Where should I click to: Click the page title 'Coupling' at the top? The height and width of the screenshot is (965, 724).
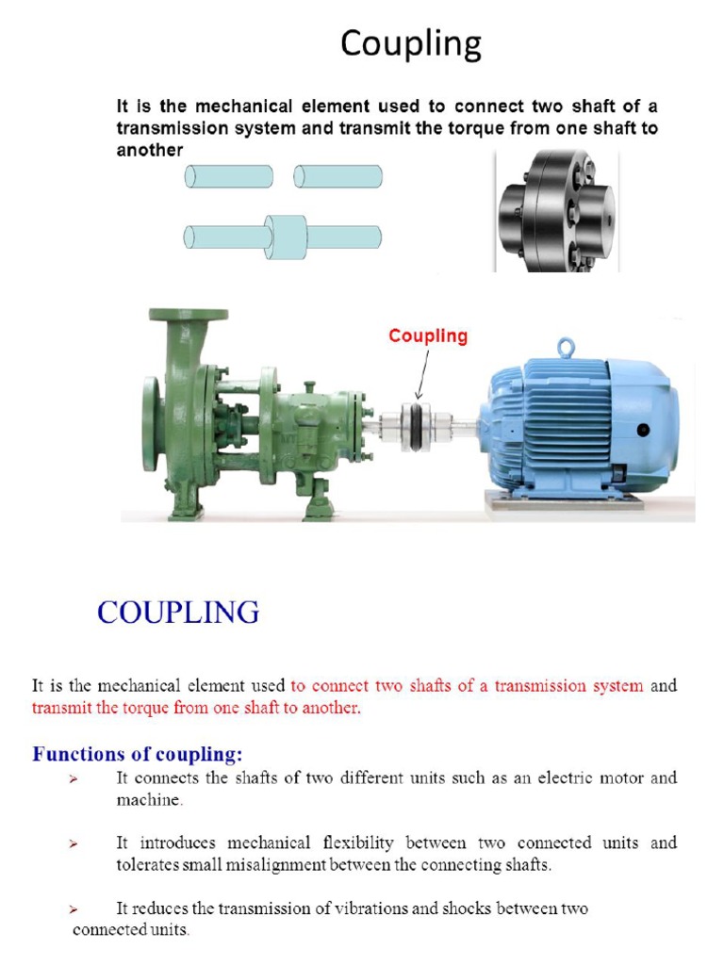click(411, 44)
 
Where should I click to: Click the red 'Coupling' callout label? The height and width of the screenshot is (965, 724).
click(428, 336)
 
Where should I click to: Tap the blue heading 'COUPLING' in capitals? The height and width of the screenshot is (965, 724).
click(178, 613)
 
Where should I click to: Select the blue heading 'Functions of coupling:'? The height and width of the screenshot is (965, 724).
click(138, 754)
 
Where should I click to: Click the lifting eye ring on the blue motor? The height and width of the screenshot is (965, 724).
click(566, 348)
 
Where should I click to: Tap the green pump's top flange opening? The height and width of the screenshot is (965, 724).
click(188, 315)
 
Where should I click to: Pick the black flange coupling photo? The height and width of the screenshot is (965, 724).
click(556, 213)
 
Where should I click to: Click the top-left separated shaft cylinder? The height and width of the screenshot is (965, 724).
click(229, 176)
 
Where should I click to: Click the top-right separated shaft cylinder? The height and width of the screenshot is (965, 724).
click(337, 176)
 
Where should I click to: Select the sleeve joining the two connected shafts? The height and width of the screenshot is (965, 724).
click(286, 237)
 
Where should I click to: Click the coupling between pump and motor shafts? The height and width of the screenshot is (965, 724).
click(417, 427)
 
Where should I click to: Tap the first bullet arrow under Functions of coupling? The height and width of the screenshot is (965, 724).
click(73, 779)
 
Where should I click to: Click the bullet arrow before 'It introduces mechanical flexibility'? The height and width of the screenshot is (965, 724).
click(73, 843)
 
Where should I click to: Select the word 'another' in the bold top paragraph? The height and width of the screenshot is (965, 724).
click(149, 150)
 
